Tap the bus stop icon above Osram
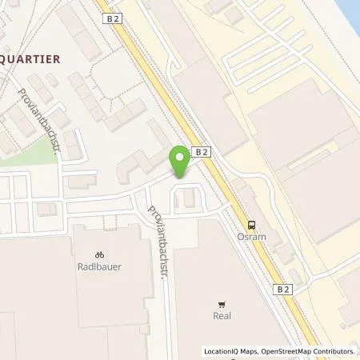[x=252, y=225]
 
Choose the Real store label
[x=223, y=315]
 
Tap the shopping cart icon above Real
[x=223, y=303]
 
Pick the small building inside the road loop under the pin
[x=189, y=197]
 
